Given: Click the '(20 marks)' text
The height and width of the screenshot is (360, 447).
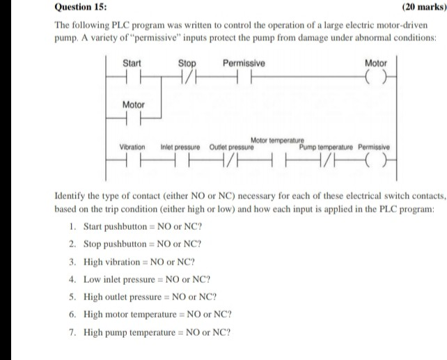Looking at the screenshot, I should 424,7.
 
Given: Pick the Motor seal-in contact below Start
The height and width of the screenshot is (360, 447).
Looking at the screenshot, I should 132,117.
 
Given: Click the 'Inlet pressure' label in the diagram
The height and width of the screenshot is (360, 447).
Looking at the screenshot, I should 180,148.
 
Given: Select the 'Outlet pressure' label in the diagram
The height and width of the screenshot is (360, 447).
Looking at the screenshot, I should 231,148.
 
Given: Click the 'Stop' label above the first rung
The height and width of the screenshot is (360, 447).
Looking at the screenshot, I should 187,63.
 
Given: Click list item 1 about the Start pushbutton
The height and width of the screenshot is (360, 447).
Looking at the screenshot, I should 143,227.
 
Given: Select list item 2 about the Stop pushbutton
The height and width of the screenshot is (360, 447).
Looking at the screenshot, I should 142,244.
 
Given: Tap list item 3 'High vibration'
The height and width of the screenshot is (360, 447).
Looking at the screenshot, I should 139,262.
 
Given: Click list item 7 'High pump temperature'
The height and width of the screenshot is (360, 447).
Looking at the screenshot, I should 156,331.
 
